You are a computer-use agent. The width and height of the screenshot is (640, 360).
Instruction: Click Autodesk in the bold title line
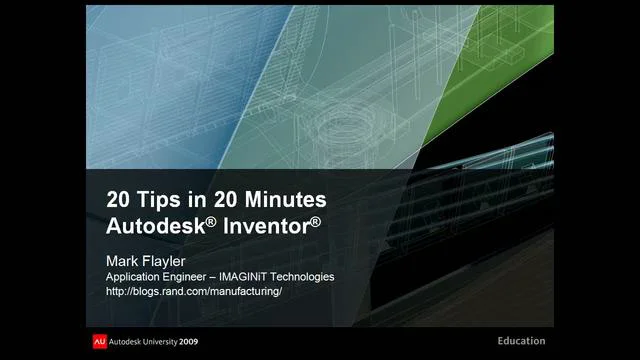[155, 223]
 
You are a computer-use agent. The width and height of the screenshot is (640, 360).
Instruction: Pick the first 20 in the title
[119, 198]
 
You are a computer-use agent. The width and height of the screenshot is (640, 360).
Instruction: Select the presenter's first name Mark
[124, 259]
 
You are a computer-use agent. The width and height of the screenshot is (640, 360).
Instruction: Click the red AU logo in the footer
[98, 339]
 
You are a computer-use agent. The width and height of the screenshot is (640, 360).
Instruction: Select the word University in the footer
[171, 339]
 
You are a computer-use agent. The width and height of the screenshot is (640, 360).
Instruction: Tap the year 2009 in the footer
[213, 339]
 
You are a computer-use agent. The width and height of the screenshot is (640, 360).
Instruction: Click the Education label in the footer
[522, 339]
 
